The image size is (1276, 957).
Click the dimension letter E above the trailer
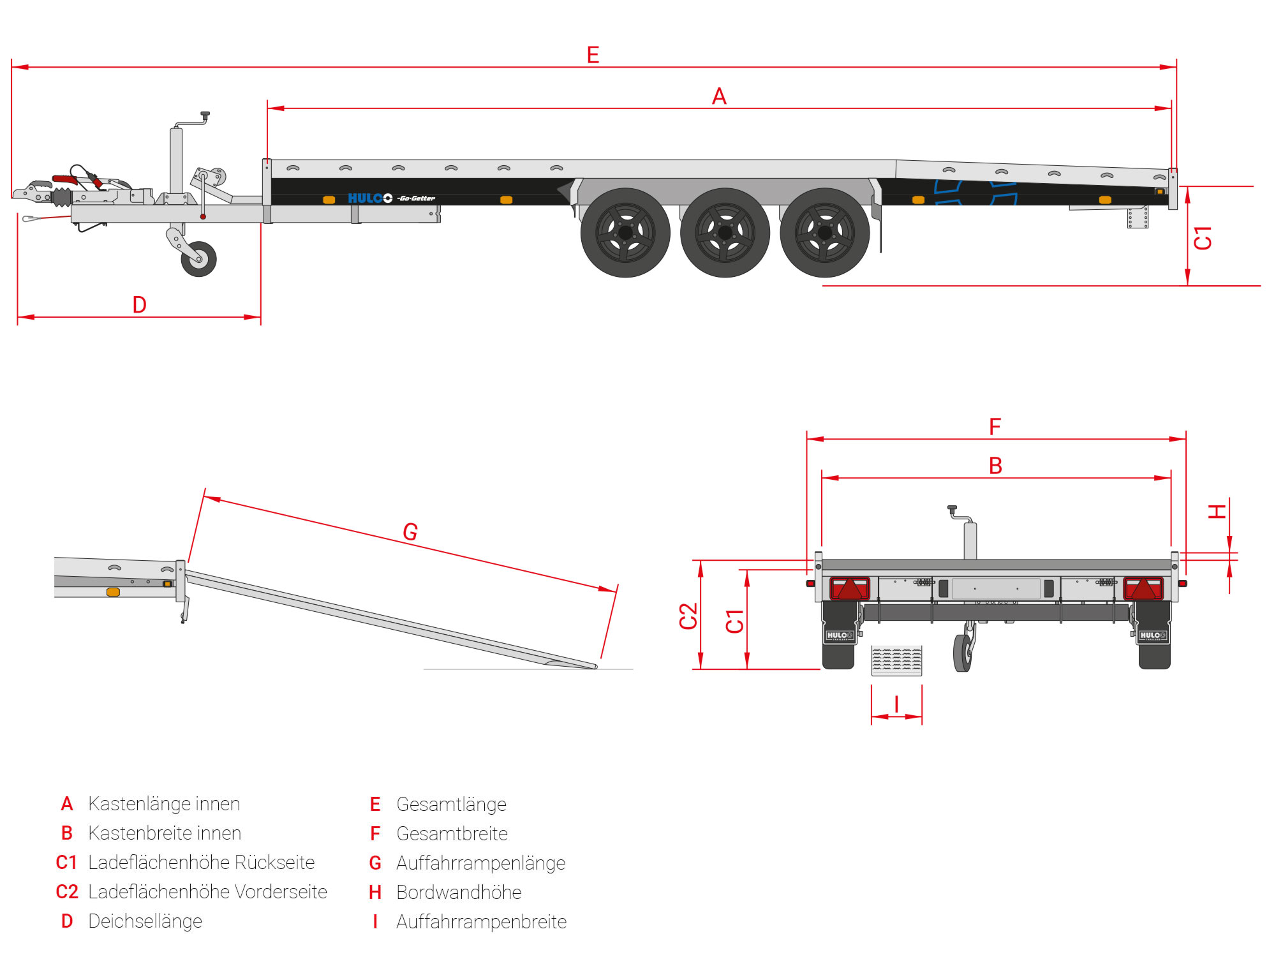click(593, 55)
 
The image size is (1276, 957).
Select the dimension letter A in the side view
click(719, 96)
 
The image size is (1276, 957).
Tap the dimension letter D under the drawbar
click(139, 305)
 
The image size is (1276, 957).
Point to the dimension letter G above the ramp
click(410, 531)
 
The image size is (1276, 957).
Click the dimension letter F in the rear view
click(995, 427)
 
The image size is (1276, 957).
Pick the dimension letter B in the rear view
click(995, 466)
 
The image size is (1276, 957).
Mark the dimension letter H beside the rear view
click(1217, 511)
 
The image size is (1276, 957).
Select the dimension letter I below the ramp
click(896, 704)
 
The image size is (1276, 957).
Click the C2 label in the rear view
click(688, 616)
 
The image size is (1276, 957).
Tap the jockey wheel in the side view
click(198, 259)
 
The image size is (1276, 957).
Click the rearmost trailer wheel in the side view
click(825, 233)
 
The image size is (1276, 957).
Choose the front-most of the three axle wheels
click(625, 233)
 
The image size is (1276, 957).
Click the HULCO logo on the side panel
click(370, 198)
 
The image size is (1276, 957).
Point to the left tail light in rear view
click(849, 588)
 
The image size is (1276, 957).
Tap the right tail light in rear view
click(1143, 588)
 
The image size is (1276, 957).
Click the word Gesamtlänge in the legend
click(451, 805)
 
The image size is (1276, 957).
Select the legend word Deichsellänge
click(145, 921)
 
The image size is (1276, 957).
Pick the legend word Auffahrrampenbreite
click(481, 922)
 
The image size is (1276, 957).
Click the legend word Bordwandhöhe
click(459, 893)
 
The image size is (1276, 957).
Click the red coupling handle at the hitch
click(65, 180)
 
